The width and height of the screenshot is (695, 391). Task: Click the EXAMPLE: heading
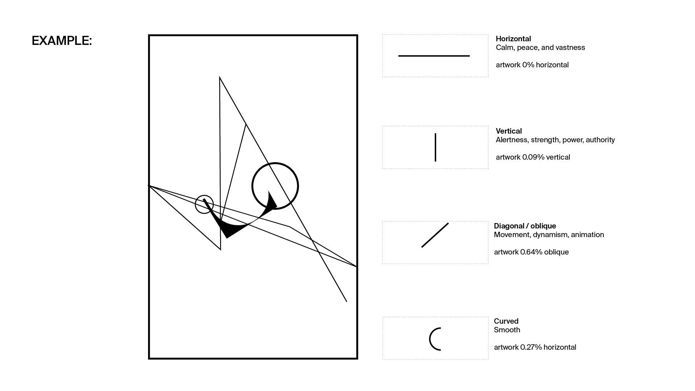(62, 41)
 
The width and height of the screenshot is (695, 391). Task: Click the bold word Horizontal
(513, 39)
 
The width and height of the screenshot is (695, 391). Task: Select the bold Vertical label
(509, 131)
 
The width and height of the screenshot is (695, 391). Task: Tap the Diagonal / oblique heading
(525, 226)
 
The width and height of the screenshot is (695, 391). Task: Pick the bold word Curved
(506, 321)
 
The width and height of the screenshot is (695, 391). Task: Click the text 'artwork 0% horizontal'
(532, 65)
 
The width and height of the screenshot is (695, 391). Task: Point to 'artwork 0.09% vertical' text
(533, 157)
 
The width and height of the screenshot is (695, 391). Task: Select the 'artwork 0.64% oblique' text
(531, 252)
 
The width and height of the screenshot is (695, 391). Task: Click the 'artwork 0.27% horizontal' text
(535, 347)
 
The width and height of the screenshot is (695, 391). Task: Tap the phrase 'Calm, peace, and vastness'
(540, 47)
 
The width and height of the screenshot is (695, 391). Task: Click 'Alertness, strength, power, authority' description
(555, 140)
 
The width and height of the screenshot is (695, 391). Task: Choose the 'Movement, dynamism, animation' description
(549, 235)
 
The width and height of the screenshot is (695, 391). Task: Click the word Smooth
(507, 330)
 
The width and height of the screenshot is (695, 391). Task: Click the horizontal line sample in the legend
(434, 56)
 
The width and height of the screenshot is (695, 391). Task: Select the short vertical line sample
(435, 147)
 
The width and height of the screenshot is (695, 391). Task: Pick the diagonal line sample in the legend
(435, 235)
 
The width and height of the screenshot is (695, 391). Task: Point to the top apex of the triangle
(220, 77)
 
